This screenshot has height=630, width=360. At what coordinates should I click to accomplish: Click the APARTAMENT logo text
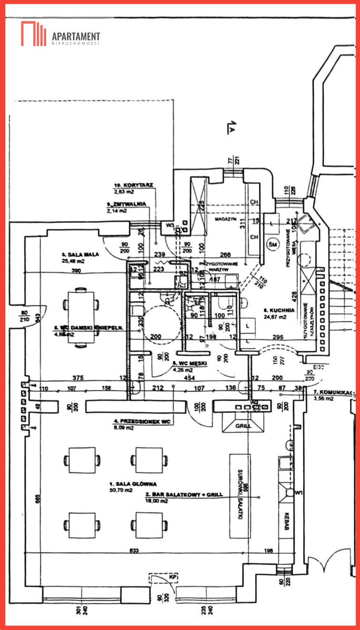76,36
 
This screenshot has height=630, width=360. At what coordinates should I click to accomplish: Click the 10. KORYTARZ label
133,185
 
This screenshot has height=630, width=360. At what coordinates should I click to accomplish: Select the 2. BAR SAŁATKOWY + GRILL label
171,495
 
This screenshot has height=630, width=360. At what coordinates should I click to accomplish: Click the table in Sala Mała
81,316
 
